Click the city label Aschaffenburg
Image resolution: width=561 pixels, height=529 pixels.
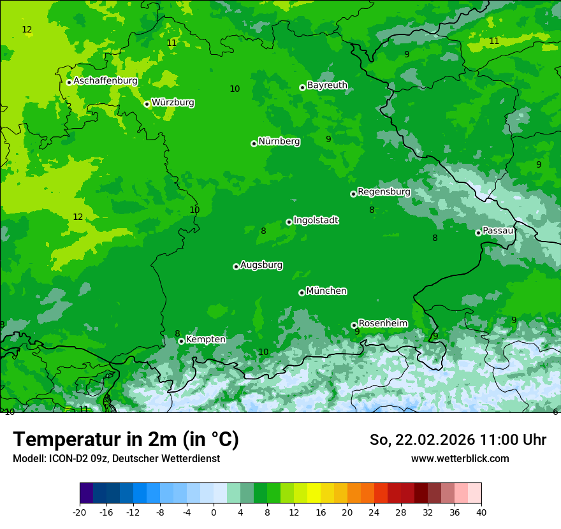point(105,81)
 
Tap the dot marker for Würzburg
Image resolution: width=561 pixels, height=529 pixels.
point(147,104)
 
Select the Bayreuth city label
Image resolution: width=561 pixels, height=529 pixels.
point(327,85)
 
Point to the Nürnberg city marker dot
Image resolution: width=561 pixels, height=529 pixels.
point(254,143)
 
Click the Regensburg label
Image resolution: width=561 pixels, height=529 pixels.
point(384,191)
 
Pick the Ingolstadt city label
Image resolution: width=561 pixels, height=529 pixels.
point(316,220)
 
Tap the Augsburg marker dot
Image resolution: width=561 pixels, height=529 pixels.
point(236,266)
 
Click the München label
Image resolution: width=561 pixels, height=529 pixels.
point(326,291)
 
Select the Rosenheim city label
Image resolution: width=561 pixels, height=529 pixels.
point(382,323)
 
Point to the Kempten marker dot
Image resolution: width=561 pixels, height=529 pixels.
point(181,341)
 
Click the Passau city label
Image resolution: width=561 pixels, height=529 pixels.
point(498,230)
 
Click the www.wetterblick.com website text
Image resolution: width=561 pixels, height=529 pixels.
point(460,458)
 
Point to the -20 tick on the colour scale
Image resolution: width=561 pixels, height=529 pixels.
point(80,512)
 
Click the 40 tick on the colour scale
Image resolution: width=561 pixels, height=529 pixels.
point(481,512)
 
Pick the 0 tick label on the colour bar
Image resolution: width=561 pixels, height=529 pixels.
point(214,512)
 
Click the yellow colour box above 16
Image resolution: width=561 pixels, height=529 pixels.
point(314,493)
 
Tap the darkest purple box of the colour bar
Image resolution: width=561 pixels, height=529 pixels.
point(86,493)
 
